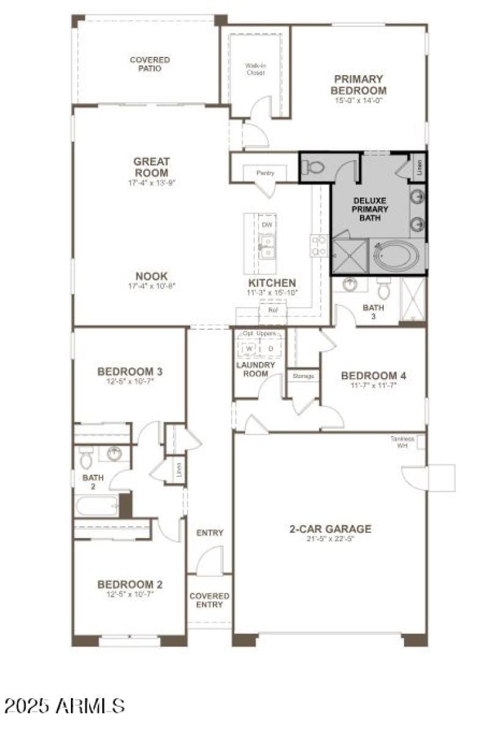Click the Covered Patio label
(x=150, y=64)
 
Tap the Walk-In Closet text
(x=255, y=68)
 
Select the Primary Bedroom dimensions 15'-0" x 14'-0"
(x=358, y=101)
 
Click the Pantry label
(x=265, y=173)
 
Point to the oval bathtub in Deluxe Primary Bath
(x=394, y=255)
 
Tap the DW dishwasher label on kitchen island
(x=267, y=225)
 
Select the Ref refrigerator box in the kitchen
(x=273, y=310)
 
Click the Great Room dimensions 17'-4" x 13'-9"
(x=151, y=182)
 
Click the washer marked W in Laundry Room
(x=249, y=348)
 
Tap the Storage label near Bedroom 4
(x=304, y=376)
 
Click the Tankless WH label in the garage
(x=403, y=442)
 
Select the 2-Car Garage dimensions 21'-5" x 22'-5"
(x=330, y=539)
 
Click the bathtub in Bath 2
(x=97, y=505)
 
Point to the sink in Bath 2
(x=114, y=454)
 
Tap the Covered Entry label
(x=210, y=600)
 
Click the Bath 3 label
(x=373, y=312)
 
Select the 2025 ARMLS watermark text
(x=64, y=706)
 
